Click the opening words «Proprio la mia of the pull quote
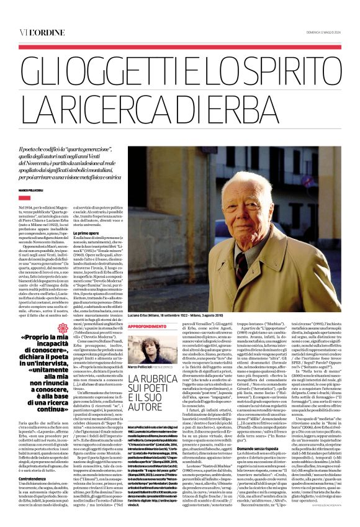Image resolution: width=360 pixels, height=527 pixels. [x=50, y=337]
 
